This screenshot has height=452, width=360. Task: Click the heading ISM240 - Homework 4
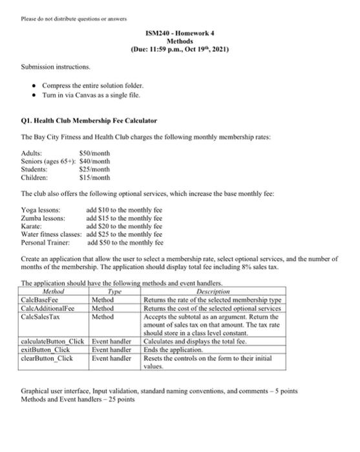click(x=181, y=32)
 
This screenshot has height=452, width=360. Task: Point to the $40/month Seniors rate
click(x=96, y=161)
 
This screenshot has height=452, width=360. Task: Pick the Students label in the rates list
click(x=35, y=169)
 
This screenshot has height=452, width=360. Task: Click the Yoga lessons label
click(x=41, y=211)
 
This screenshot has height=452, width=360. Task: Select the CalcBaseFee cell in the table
click(x=40, y=300)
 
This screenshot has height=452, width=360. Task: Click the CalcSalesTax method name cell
click(x=41, y=316)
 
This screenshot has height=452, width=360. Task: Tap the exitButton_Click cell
click(x=46, y=349)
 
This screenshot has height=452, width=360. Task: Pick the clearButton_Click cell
click(x=47, y=358)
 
